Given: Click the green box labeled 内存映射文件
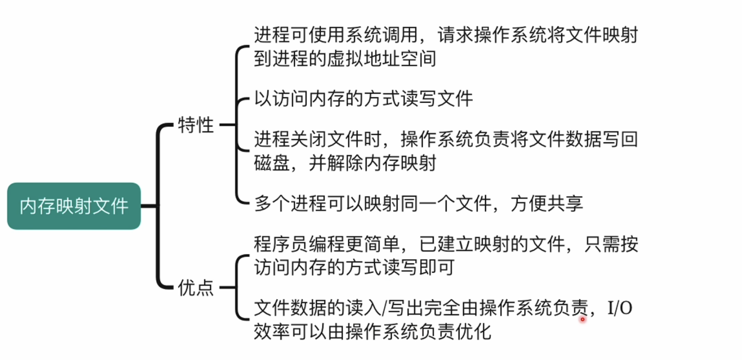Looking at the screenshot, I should coord(74,206).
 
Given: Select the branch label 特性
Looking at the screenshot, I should coord(196,125).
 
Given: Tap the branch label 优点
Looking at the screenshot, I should coord(196,287).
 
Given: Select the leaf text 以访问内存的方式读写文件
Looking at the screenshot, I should coord(363,99).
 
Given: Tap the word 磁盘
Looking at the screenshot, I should coord(272,163).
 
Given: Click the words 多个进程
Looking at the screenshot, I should coord(291,204).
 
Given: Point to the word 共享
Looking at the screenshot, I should coord(565,204).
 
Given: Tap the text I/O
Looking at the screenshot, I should coord(619,308).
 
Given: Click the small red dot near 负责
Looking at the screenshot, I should coord(582,320).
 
